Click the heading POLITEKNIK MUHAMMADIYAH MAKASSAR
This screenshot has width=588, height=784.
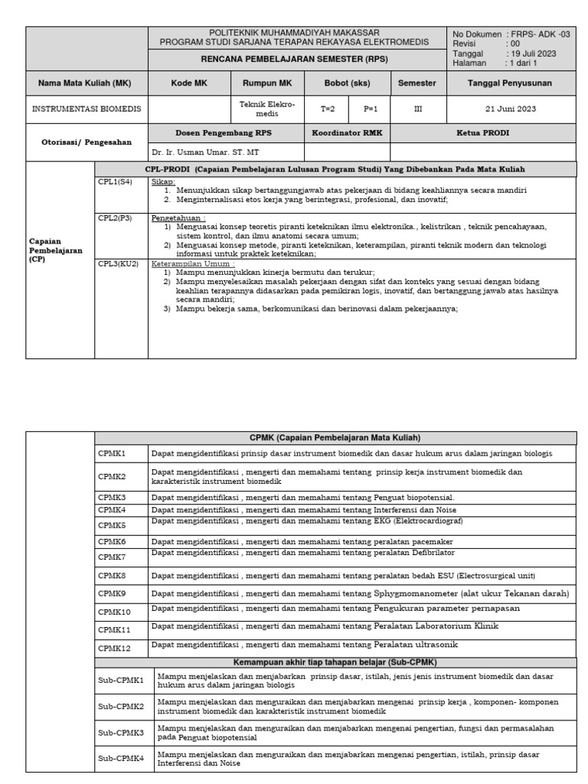pos(294,32)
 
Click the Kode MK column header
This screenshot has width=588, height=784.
pos(188,82)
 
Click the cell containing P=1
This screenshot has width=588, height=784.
pos(371,109)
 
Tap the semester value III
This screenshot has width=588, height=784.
pos(417,109)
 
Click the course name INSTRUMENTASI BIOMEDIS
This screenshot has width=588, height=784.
pos(87,109)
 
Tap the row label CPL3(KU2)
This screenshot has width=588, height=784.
pos(118,263)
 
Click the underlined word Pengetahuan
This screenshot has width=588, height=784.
pos(172,217)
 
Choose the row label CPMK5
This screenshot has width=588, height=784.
pos(112,525)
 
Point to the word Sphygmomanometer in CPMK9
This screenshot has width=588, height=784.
pos(427,593)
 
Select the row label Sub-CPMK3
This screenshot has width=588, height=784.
pos(121,733)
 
